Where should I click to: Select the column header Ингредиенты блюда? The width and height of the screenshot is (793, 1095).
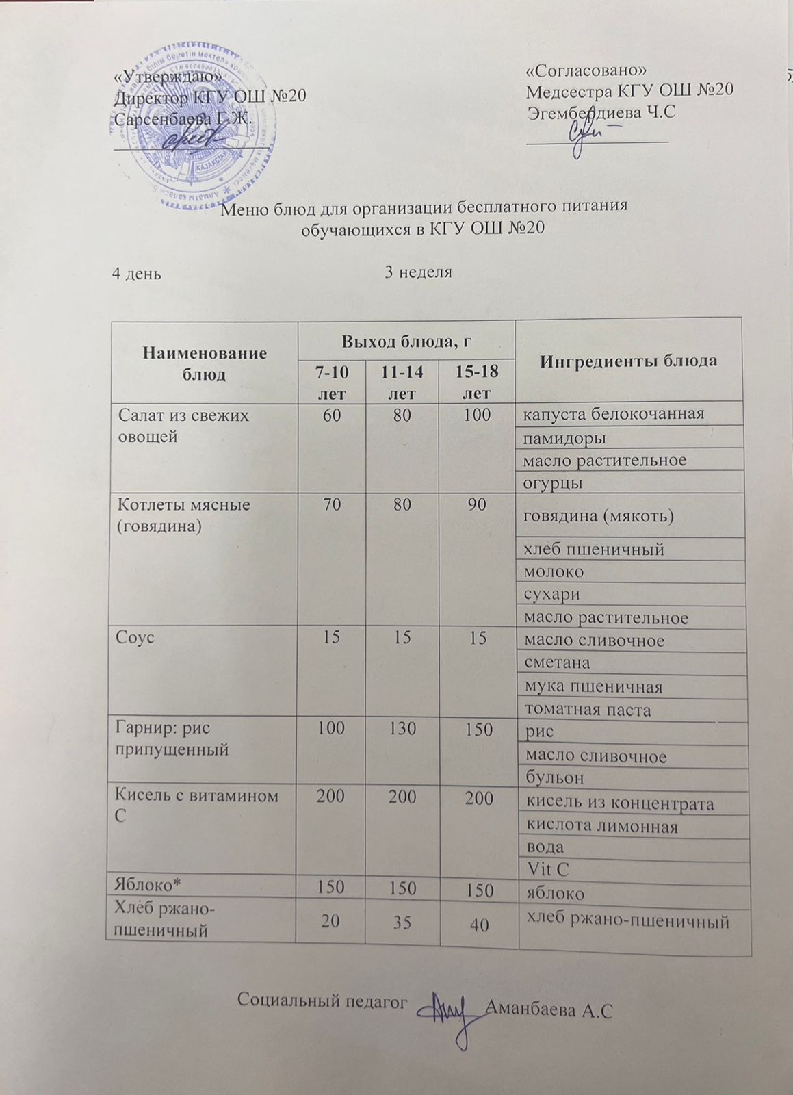[629, 361]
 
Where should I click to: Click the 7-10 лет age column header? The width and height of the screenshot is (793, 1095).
[330, 382]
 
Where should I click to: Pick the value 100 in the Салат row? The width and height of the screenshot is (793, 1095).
[477, 414]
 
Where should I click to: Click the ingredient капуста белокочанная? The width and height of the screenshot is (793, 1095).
[613, 414]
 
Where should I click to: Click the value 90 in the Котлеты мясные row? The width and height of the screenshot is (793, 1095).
[477, 505]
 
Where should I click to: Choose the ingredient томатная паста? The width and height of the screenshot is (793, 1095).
[586, 709]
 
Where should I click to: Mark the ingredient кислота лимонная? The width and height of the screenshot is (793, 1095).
[600, 826]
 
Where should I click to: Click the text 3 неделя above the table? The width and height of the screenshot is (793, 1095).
[419, 272]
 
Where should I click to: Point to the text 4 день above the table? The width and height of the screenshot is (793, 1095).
[136, 274]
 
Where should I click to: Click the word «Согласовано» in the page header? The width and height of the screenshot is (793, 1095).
[586, 71]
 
